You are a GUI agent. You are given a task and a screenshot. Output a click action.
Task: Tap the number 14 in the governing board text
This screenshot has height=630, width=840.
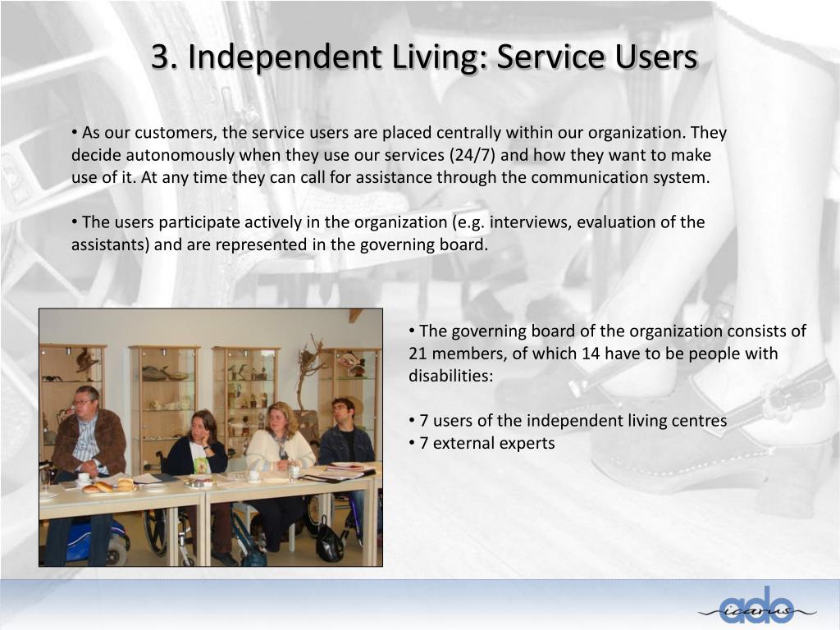coord(591,354)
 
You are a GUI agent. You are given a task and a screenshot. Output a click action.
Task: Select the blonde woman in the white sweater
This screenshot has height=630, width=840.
coord(279,439)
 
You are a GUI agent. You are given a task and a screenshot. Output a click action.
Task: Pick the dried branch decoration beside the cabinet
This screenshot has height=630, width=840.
coord(310,369)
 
